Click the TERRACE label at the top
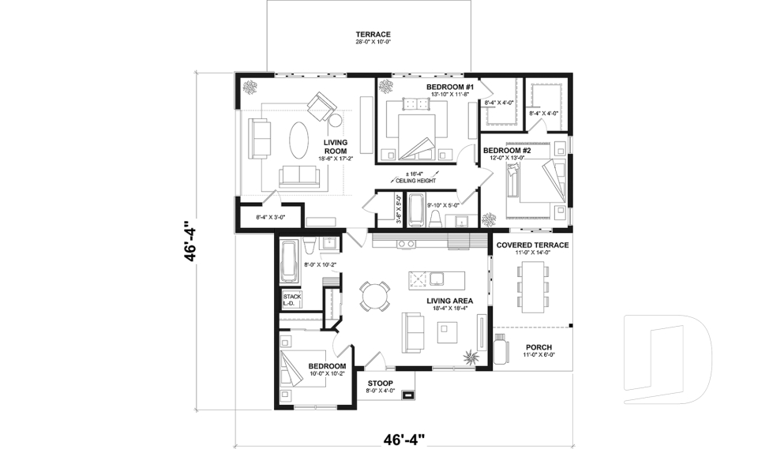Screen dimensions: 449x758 [x=373, y=35]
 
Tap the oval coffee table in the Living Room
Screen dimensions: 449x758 [x=299, y=142]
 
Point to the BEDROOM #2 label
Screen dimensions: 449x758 [x=506, y=150]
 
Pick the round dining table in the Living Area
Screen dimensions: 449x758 [x=374, y=295]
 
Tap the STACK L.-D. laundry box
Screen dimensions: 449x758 [x=292, y=300]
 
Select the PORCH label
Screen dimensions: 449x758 [x=538, y=347]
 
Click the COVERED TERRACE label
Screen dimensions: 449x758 [x=532, y=245]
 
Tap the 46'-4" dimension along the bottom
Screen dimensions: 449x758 [x=403, y=438]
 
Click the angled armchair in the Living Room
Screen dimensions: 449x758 [x=321, y=106]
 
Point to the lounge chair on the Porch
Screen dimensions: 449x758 [x=501, y=347]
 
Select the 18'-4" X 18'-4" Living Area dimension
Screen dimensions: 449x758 [x=449, y=309]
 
